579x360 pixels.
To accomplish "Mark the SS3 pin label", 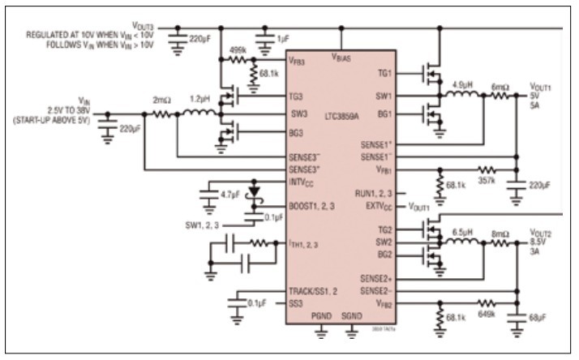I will [x=297, y=304].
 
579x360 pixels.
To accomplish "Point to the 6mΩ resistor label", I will [x=501, y=84].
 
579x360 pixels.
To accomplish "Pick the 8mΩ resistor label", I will [x=501, y=231].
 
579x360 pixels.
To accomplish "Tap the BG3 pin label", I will [x=297, y=132].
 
